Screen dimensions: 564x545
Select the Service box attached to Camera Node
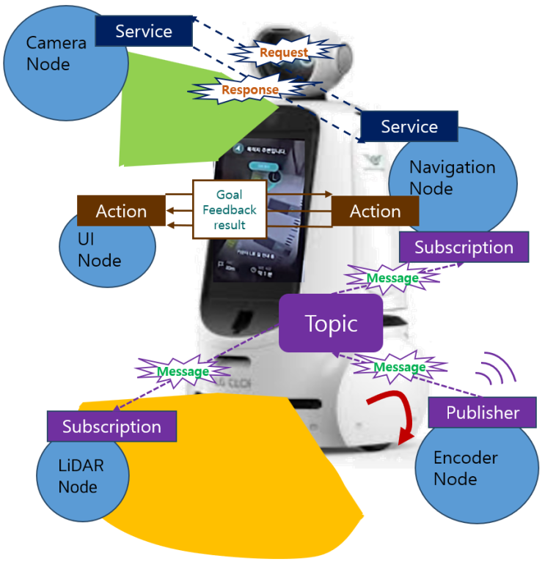tap(144, 31)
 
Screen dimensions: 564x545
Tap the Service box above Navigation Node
tap(409, 127)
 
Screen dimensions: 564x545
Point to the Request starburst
tap(284, 53)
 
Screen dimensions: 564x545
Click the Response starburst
tap(250, 89)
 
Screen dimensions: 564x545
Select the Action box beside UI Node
tap(122, 211)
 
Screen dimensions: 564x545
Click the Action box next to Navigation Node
tap(375, 211)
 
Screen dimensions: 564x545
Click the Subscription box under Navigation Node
tap(464, 247)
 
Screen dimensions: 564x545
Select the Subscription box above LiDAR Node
tap(111, 426)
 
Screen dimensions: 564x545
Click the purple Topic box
tap(331, 323)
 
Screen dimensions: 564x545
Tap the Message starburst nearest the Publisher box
tap(399, 366)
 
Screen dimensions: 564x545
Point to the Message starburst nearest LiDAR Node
tap(183, 371)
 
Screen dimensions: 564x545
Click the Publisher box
tap(483, 412)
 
